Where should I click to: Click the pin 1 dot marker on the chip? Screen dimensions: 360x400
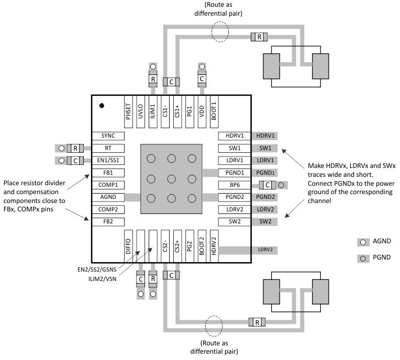102,106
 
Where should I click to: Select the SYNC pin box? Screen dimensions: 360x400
108,136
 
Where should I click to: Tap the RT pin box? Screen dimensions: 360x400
108,148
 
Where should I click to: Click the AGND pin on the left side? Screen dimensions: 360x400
108,197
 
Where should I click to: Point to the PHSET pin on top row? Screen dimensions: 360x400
128,111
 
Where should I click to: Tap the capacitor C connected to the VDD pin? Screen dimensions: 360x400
202,79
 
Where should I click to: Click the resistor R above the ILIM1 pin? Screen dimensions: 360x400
153,80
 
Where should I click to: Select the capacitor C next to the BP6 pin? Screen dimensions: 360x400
268,185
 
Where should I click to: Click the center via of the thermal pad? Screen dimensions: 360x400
171,178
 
